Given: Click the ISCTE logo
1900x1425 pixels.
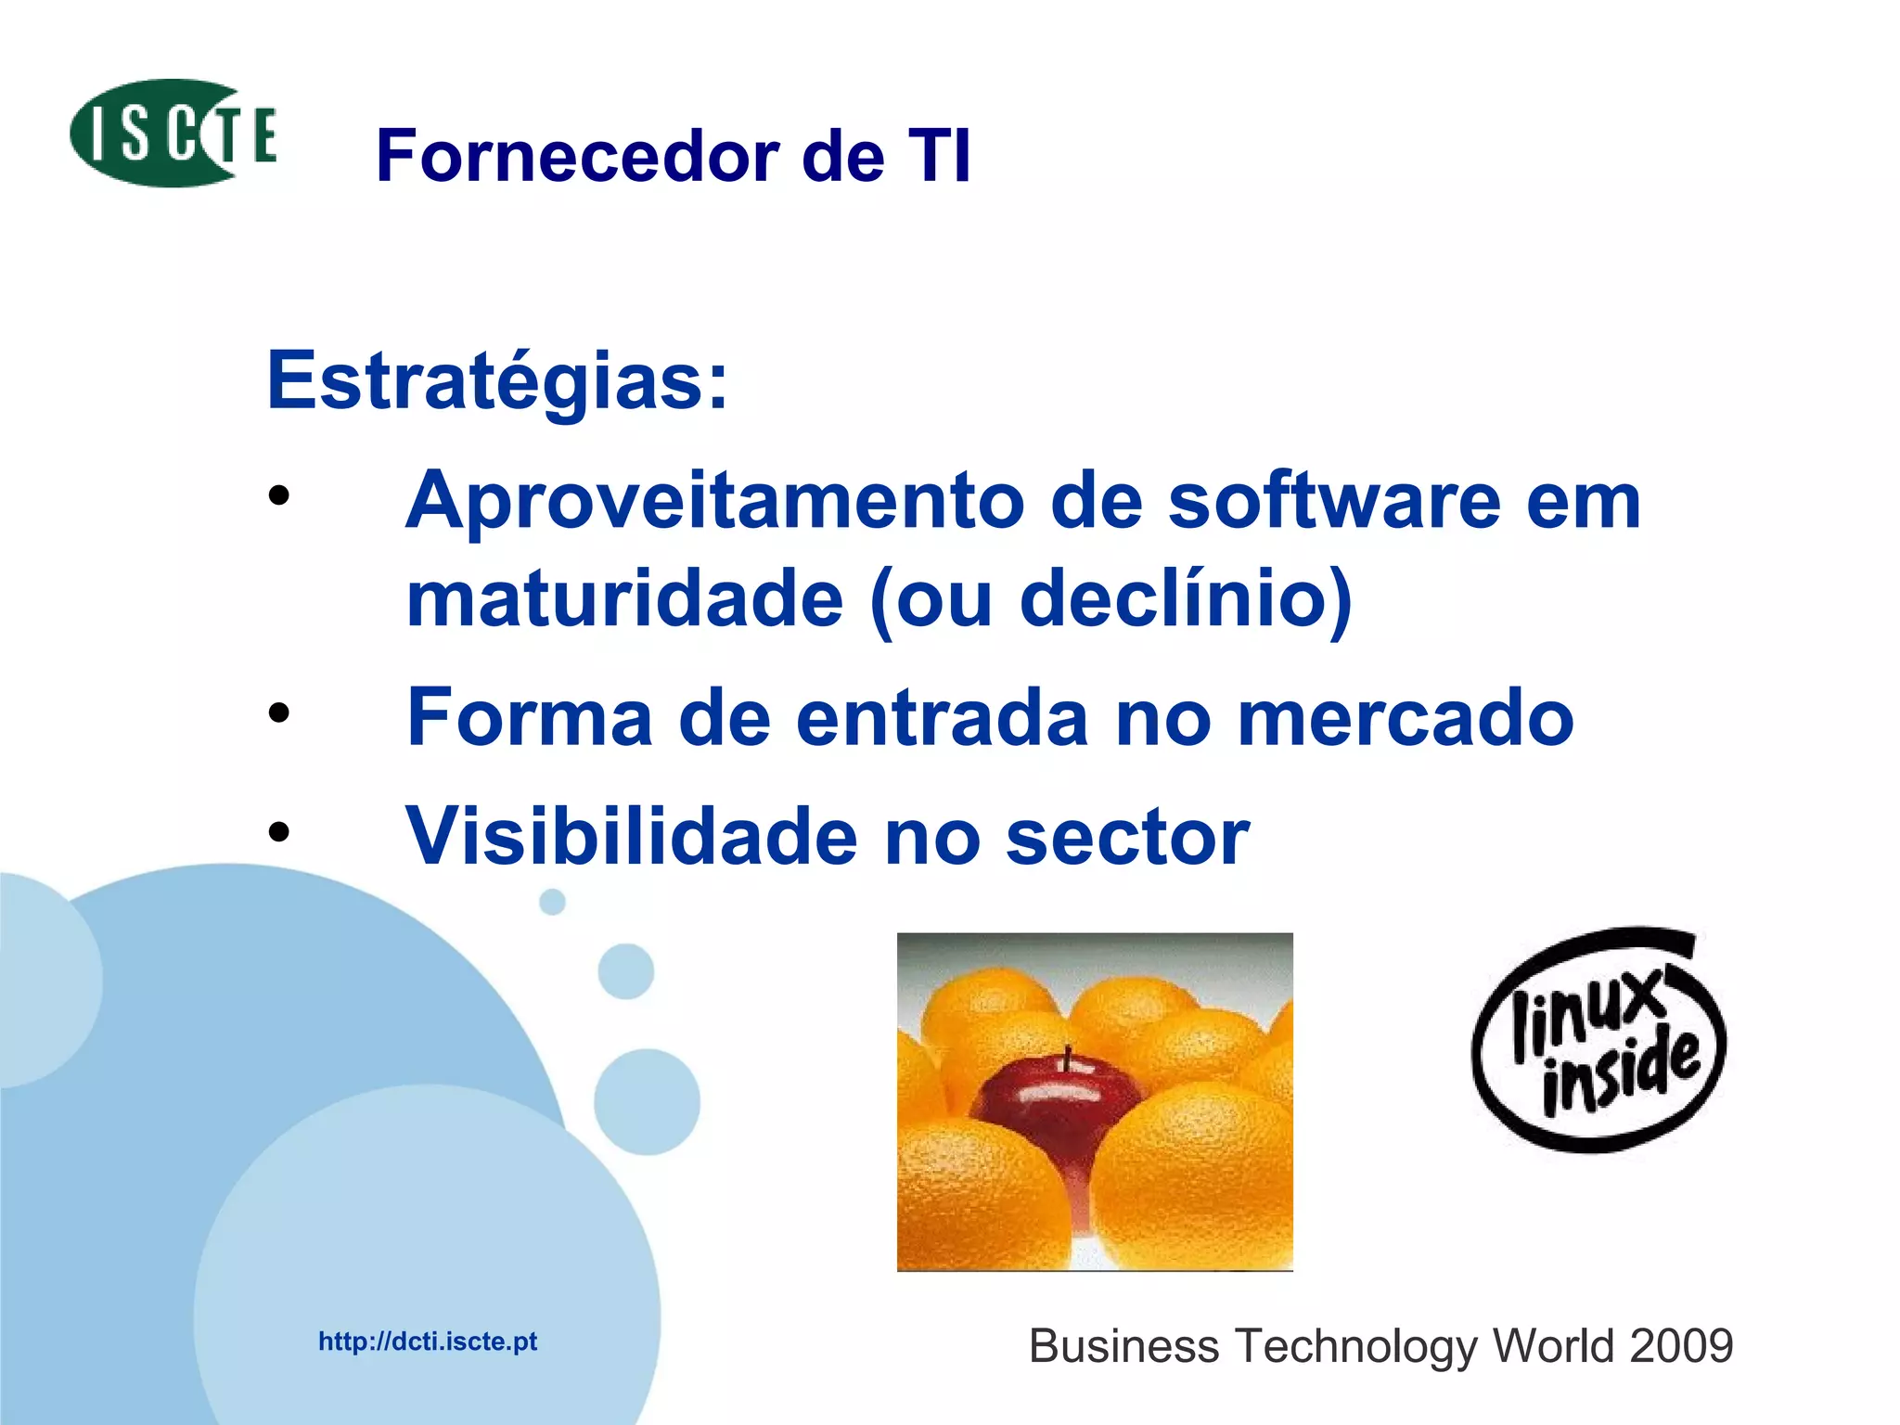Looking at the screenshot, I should click(x=173, y=134).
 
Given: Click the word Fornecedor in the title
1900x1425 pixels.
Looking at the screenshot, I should click(x=577, y=156).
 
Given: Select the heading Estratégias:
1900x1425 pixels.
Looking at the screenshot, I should click(x=497, y=380).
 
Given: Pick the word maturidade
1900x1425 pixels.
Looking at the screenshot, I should click(x=624, y=599).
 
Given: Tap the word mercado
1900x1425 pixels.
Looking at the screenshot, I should click(x=1406, y=717).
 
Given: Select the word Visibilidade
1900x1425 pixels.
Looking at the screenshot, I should click(x=632, y=837).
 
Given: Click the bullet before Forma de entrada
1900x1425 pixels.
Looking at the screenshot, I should click(x=278, y=713).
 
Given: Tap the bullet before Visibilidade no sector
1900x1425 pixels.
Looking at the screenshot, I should click(x=278, y=832).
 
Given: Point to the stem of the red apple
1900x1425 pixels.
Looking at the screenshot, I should click(x=1067, y=1057).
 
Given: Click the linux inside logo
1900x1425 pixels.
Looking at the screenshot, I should click(x=1598, y=1041).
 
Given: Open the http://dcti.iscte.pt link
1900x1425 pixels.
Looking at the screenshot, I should click(x=428, y=1342).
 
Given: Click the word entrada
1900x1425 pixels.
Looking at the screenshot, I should click(x=942, y=717).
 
